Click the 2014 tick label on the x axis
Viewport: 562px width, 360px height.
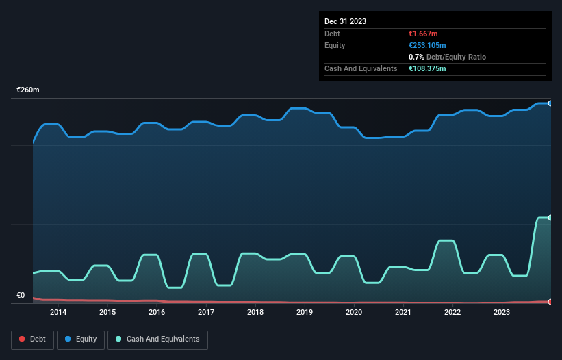(58, 312)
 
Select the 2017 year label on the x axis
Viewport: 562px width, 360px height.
(206, 312)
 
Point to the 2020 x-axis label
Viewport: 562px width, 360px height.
(354, 312)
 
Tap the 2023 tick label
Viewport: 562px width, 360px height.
(502, 312)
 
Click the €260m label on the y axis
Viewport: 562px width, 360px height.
(28, 90)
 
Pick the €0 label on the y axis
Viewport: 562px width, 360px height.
(21, 296)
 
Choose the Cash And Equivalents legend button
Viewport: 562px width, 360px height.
(157, 339)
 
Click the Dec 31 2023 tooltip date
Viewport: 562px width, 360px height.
(346, 21)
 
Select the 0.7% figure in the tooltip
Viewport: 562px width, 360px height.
(416, 57)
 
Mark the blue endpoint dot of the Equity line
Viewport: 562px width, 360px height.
(550, 103)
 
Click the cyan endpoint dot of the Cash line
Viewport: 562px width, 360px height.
(550, 218)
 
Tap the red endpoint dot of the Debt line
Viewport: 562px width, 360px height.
(550, 302)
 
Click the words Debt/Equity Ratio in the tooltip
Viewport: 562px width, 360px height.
(456, 57)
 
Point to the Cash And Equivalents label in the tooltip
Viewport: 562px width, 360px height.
(361, 68)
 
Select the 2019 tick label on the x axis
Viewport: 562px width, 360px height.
(305, 312)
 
